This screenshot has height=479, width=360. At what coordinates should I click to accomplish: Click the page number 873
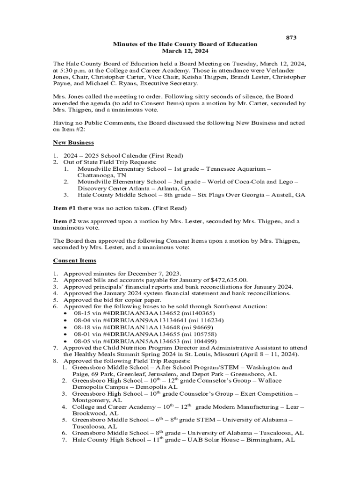[291, 37]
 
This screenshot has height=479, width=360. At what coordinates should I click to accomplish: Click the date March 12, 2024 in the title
[185, 51]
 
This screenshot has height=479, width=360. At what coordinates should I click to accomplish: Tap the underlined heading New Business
[73, 142]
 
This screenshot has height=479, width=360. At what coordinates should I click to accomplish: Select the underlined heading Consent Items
[75, 260]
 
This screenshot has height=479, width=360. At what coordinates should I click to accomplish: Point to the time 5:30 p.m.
[76, 70]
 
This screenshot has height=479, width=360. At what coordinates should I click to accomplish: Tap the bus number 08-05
[81, 341]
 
